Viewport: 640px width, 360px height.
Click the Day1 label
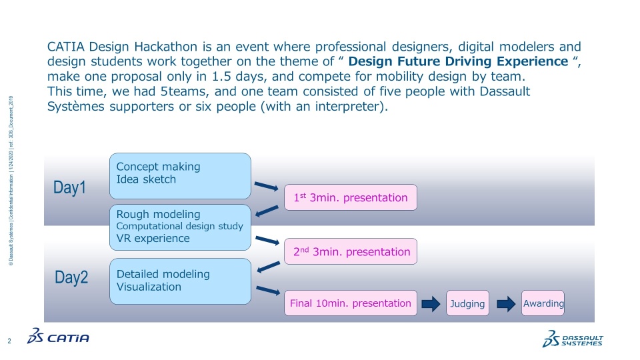pyautogui.click(x=69, y=188)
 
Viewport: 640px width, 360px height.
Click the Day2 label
pyautogui.click(x=71, y=278)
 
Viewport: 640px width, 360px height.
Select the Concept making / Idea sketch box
pyautogui.click(x=180, y=176)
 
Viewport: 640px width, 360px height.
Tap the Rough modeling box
pyautogui.click(x=180, y=227)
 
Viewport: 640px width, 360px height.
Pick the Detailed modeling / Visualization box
pyautogui.click(x=180, y=281)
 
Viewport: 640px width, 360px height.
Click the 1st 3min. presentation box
pyautogui.click(x=351, y=197)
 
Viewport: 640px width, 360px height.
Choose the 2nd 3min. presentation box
pyautogui.click(x=351, y=251)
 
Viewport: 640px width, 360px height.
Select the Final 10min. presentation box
pyautogui.click(x=350, y=303)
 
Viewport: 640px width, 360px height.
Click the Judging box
pyautogui.click(x=467, y=303)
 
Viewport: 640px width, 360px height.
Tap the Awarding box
pyautogui.click(x=543, y=303)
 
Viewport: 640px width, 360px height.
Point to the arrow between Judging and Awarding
pyautogui.click(x=507, y=304)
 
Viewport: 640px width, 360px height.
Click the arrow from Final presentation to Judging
pyautogui.click(x=431, y=304)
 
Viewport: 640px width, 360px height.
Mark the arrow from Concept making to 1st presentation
pyautogui.click(x=267, y=186)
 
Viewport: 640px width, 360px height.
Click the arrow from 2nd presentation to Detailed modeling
pyautogui.click(x=268, y=267)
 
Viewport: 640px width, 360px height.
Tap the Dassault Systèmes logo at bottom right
pyautogui.click(x=573, y=338)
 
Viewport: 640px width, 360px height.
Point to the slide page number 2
pyautogui.click(x=10, y=341)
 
